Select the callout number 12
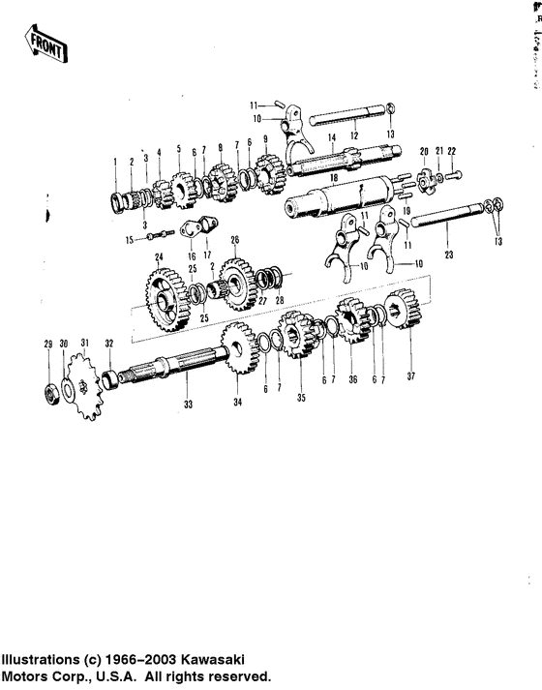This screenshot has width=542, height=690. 354,135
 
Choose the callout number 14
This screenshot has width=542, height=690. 332,139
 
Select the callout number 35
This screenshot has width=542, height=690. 300,397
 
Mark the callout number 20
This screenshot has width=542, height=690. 422,151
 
